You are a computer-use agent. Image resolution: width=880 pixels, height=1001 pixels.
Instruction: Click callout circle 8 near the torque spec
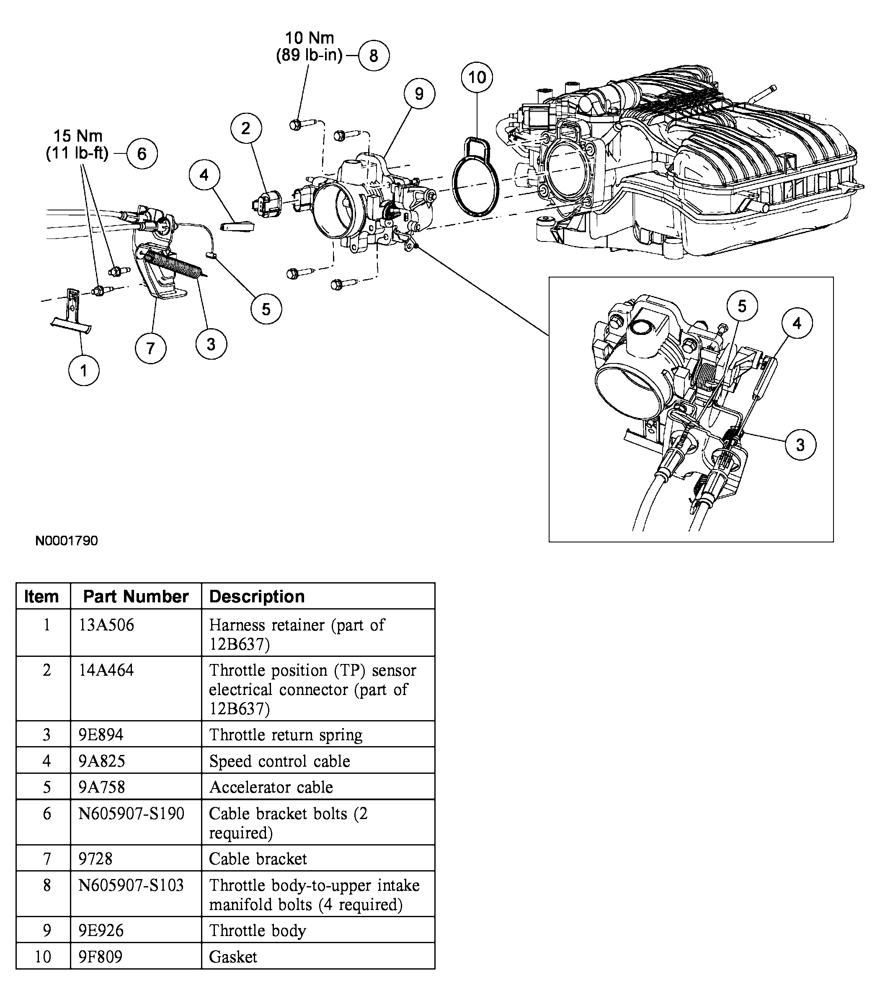(x=374, y=55)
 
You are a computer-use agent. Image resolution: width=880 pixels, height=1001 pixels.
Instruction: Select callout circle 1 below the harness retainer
(x=84, y=370)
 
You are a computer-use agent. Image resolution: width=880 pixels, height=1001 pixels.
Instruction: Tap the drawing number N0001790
(x=67, y=541)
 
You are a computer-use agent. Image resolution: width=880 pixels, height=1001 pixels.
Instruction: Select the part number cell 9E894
(x=101, y=734)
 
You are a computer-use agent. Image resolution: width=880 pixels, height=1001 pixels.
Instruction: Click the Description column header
(x=257, y=596)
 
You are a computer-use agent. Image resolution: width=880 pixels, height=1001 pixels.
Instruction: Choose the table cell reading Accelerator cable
(x=271, y=787)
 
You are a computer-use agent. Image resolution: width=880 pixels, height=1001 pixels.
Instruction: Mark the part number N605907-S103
(x=131, y=885)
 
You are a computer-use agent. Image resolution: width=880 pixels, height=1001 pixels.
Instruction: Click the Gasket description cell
(x=233, y=957)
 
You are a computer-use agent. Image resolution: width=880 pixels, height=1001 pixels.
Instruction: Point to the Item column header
(x=41, y=596)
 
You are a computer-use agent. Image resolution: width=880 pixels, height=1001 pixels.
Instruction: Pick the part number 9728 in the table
(x=95, y=858)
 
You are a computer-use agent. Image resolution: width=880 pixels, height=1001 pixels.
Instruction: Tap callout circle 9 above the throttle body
(x=419, y=93)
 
